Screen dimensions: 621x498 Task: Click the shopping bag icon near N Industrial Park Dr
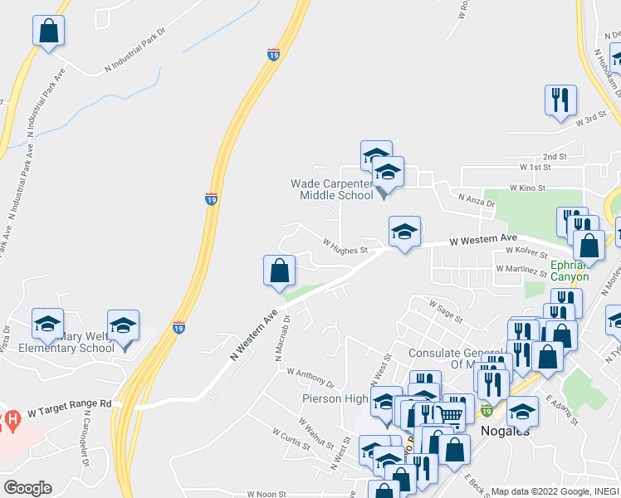[x=49, y=32]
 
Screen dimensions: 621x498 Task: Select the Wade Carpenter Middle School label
[x=332, y=189]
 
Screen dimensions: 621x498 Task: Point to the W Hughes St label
[x=345, y=247]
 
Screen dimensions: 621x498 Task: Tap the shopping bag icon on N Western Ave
[x=279, y=271]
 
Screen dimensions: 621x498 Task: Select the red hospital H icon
[x=11, y=420]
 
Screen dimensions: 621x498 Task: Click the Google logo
[x=27, y=488]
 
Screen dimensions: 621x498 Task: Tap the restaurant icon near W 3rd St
[x=560, y=100]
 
